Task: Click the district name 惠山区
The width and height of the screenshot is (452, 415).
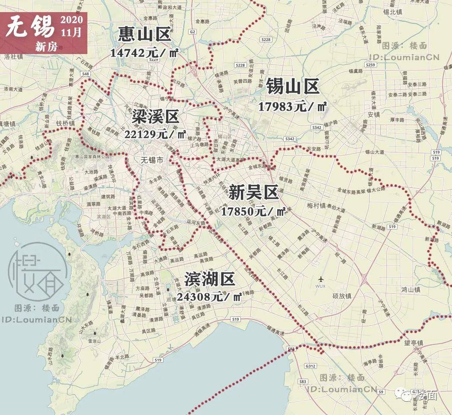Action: (145, 35)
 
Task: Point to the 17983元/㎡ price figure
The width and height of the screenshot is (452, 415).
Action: (292, 106)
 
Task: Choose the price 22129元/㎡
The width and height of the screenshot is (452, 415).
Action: (155, 134)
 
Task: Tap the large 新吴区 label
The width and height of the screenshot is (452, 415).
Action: (253, 193)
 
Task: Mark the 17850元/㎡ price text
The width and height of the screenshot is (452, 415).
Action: (253, 211)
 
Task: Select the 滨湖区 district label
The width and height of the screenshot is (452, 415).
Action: (210, 280)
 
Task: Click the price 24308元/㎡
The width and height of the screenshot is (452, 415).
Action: (209, 297)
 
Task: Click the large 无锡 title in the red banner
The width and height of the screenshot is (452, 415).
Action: (30, 27)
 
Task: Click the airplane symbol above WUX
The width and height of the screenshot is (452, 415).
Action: (321, 278)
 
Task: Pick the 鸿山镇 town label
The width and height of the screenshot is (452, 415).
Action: (410, 289)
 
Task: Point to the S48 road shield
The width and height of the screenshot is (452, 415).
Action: (85, 74)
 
